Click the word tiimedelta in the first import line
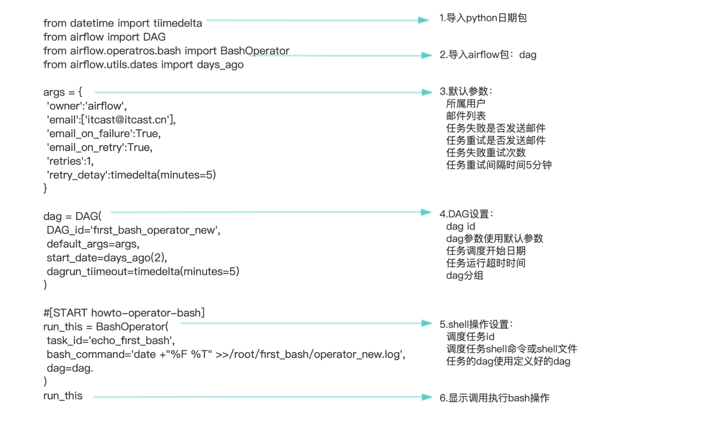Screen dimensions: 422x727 coord(177,23)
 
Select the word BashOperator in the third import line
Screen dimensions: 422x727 coord(255,51)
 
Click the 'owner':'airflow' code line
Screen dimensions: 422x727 coord(87,106)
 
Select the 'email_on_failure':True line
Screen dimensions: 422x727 coord(104,134)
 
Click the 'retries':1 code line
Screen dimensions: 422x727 coord(70,161)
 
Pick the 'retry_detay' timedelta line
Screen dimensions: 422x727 coord(131,175)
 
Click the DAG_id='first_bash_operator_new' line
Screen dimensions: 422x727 coord(133,230)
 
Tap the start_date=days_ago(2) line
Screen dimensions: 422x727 coord(107,258)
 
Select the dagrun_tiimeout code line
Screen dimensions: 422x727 coord(143,271)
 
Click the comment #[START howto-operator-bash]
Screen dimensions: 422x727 coord(124,313)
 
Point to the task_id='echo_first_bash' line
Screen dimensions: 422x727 coord(110,340)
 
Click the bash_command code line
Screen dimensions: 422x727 coord(226,354)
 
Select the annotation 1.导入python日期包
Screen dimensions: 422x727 coord(483,18)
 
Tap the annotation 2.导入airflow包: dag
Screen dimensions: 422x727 coord(488,55)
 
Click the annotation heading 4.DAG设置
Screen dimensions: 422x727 coord(466,214)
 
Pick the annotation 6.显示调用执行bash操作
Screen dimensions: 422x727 coord(494,398)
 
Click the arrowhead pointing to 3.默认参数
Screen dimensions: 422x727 coord(427,92)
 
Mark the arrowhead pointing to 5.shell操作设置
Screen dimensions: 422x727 coord(427,323)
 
